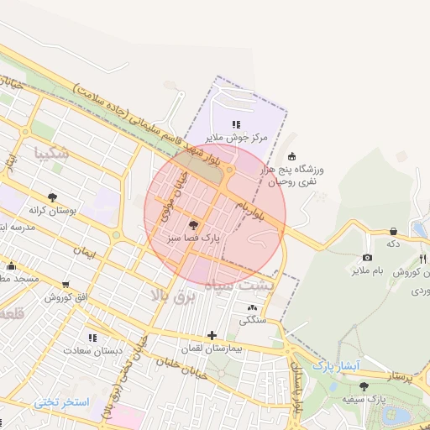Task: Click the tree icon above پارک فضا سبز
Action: click(x=194, y=224)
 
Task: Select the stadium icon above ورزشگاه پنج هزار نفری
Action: click(x=291, y=155)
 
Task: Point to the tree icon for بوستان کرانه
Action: click(x=53, y=197)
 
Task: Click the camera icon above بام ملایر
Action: click(x=367, y=257)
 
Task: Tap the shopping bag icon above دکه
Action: click(x=392, y=230)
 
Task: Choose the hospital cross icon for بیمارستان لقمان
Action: click(x=212, y=334)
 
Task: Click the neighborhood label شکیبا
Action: click(x=53, y=153)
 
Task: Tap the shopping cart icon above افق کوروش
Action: click(x=65, y=284)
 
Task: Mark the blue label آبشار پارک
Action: click(x=335, y=366)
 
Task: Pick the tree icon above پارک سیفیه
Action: click(x=363, y=385)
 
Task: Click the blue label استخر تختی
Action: click(x=61, y=402)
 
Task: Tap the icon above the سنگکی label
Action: click(x=252, y=307)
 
